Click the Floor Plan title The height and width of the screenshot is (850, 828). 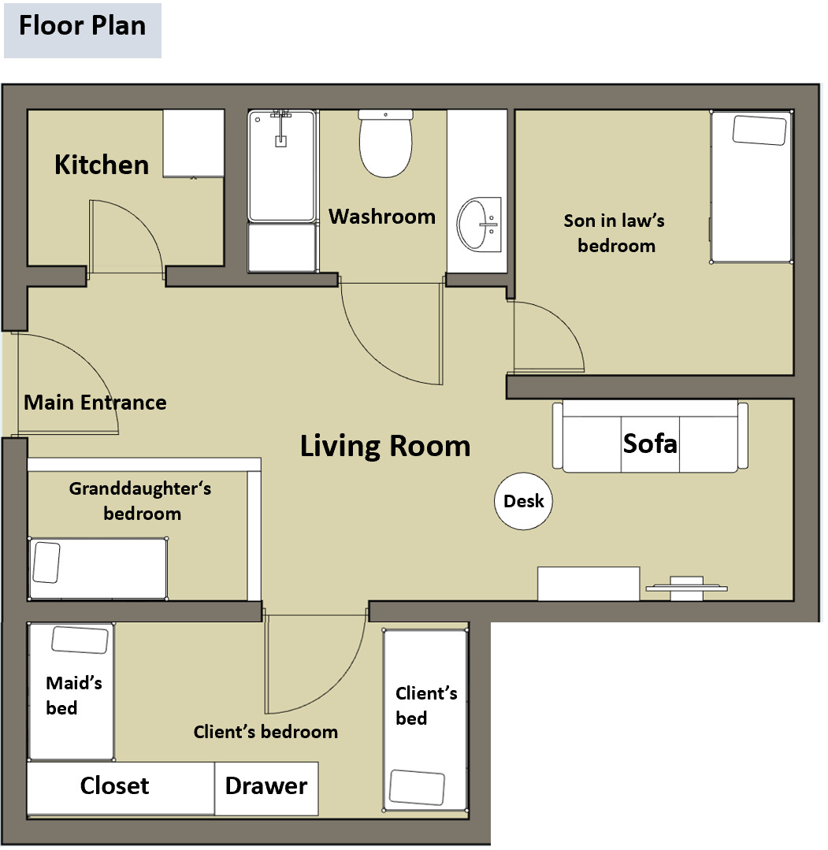(x=83, y=26)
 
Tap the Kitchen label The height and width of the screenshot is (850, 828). (x=102, y=165)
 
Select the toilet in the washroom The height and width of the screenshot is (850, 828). (x=385, y=143)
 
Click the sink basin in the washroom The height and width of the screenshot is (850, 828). (x=479, y=224)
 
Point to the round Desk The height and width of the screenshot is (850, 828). (x=523, y=501)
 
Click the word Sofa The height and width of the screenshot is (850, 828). (x=650, y=444)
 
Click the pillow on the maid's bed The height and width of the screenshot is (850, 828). (x=80, y=640)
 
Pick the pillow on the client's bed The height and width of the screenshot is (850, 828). (x=417, y=788)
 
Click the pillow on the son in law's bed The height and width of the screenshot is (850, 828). (x=759, y=130)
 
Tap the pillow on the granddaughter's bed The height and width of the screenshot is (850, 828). (x=46, y=562)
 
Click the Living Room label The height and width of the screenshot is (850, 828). (x=385, y=446)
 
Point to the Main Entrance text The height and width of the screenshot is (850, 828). (x=95, y=403)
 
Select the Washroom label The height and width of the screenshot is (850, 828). (x=382, y=217)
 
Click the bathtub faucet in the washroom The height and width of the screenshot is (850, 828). (x=280, y=128)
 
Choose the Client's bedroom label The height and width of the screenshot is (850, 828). (x=265, y=732)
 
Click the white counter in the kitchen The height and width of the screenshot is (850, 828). (x=194, y=143)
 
